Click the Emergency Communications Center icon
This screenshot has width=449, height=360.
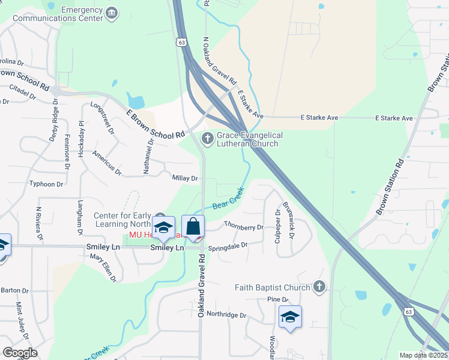tap(112, 13)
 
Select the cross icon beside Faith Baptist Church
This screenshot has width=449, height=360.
tap(319, 287)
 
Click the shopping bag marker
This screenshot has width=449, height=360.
tap(193, 228)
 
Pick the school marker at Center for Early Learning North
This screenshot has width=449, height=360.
tap(163, 228)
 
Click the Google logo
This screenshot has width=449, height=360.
tap(20, 353)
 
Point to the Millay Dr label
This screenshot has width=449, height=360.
tap(185, 178)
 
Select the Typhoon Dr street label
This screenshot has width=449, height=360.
tap(46, 184)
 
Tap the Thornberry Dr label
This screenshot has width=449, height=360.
tap(244, 227)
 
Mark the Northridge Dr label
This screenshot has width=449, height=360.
tap(226, 315)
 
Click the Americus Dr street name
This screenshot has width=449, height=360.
tap(107, 163)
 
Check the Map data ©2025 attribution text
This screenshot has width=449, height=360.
tap(423, 355)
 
